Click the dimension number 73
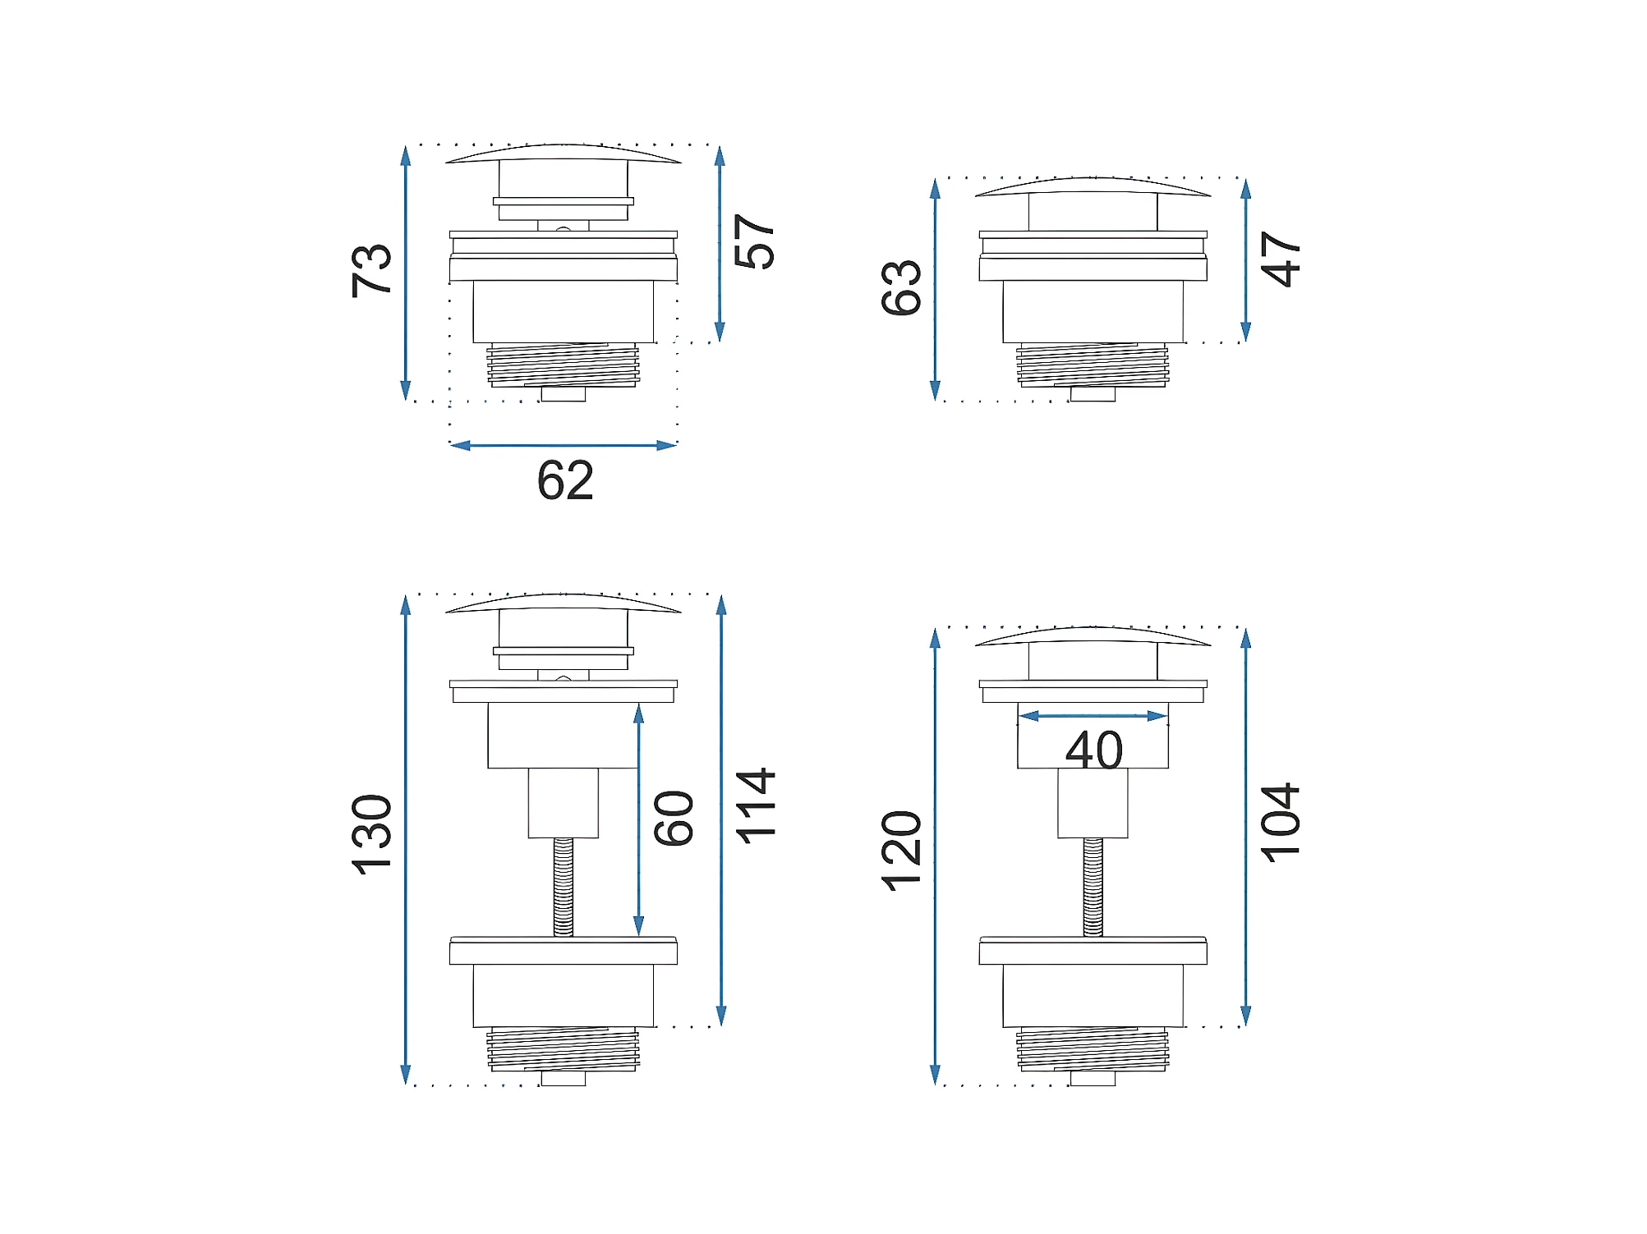point(371,270)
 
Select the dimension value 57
point(754,241)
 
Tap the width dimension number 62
point(565,480)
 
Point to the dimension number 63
point(901,287)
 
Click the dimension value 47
point(1281,259)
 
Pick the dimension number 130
point(371,834)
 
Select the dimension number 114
point(754,805)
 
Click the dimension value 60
point(674,819)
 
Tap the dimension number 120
point(901,851)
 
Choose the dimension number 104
point(1281,822)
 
